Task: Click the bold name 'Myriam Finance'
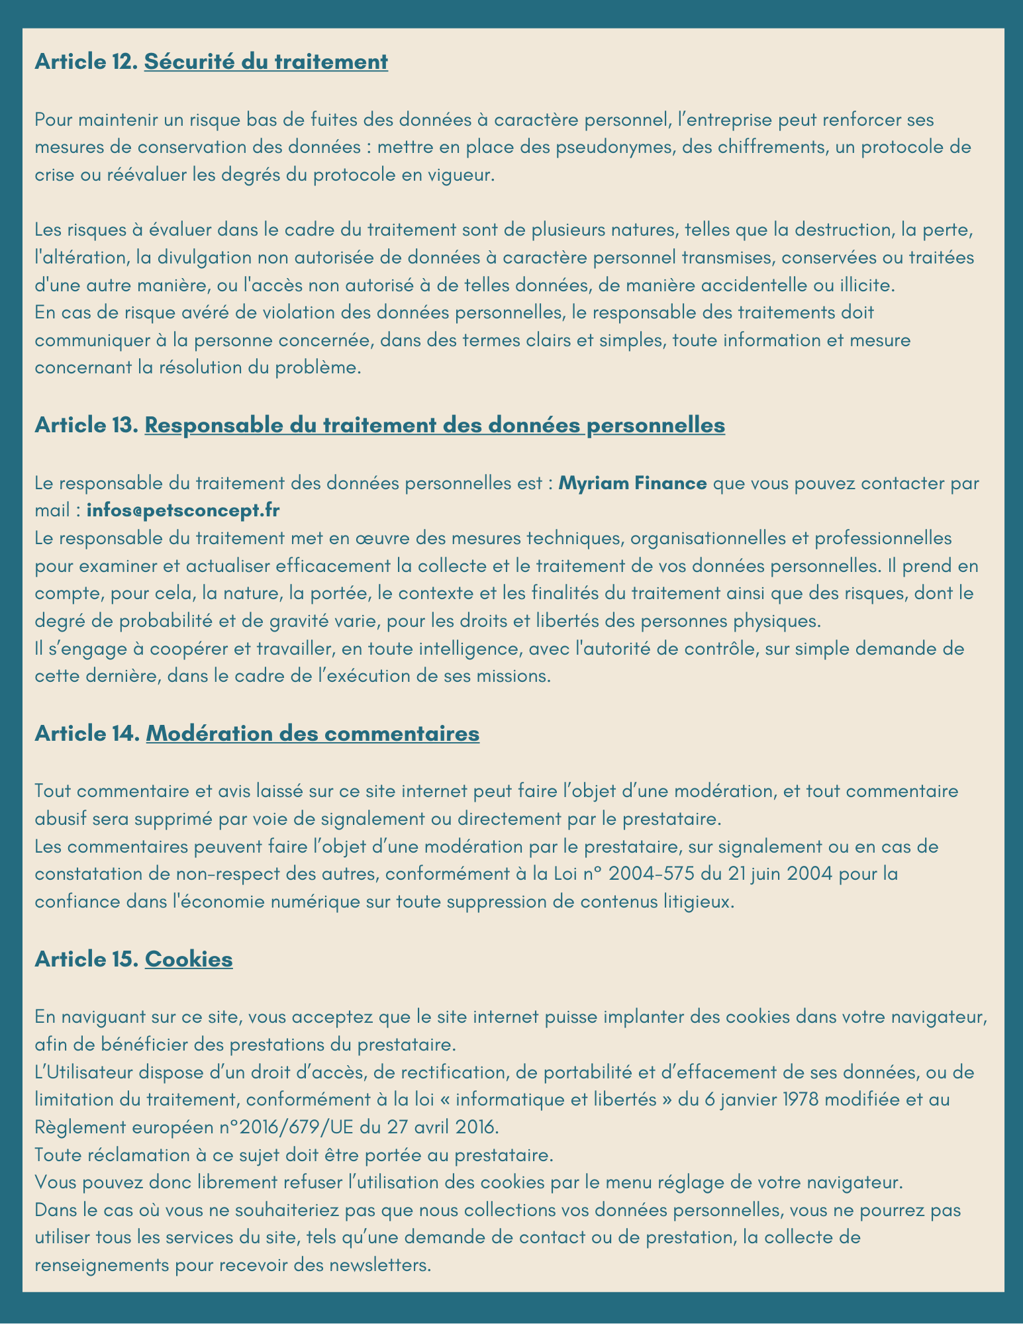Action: coord(632,483)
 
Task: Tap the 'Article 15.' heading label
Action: coord(86,959)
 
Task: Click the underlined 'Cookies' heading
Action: coord(188,959)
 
